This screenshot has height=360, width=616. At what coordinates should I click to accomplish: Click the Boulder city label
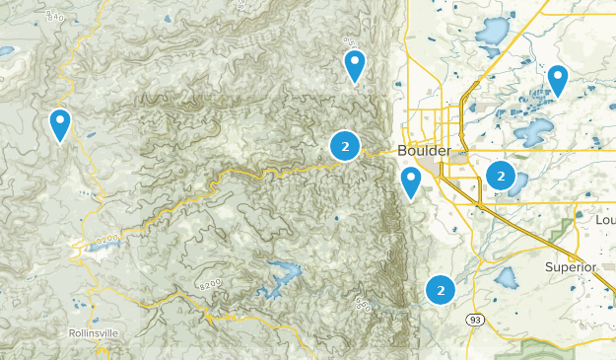pyautogui.click(x=425, y=150)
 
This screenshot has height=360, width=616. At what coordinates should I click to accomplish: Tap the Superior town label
pyautogui.click(x=572, y=267)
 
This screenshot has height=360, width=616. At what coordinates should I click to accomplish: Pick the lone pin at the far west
pyautogui.click(x=61, y=124)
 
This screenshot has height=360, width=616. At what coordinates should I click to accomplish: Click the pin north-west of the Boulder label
pyautogui.click(x=355, y=65)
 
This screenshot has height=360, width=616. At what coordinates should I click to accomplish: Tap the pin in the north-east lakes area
pyautogui.click(x=557, y=80)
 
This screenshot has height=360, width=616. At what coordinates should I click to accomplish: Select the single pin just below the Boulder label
pyautogui.click(x=411, y=181)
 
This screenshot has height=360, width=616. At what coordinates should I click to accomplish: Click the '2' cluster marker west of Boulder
pyautogui.click(x=344, y=147)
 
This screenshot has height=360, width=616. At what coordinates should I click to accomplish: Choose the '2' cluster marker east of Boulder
pyautogui.click(x=501, y=177)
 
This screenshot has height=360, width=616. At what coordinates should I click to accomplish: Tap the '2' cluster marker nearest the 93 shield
pyautogui.click(x=440, y=290)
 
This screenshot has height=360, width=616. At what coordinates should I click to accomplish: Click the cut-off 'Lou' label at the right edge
pyautogui.click(x=605, y=221)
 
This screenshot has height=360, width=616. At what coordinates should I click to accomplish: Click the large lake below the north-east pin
pyautogui.click(x=532, y=131)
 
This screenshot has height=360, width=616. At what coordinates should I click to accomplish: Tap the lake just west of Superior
pyautogui.click(x=508, y=277)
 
